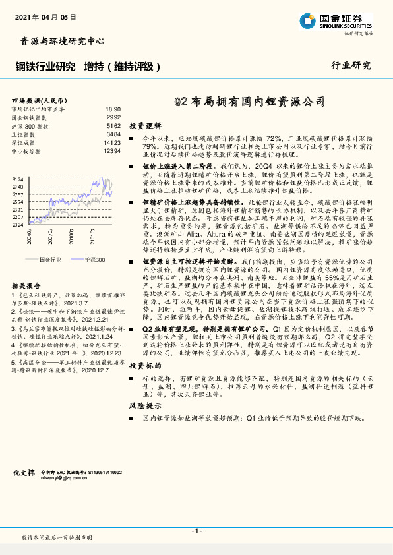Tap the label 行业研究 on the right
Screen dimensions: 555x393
pos(351,65)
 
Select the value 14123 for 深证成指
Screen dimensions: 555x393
pos(112,142)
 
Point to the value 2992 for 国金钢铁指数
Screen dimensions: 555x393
pos(113,117)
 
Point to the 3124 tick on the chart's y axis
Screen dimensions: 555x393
pos(18,179)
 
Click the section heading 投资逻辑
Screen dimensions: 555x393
pos(144,125)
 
